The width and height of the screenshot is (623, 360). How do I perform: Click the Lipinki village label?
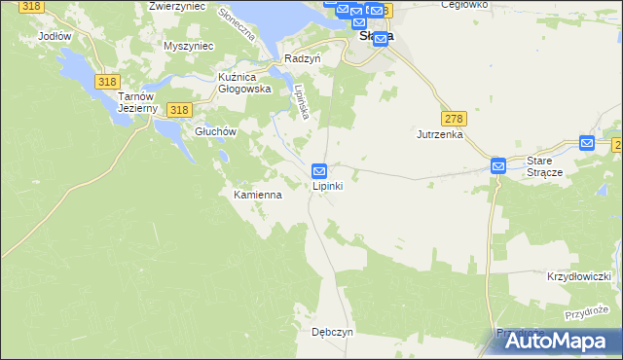coord(326,186)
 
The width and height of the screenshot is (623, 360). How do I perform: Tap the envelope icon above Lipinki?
coord(318,170)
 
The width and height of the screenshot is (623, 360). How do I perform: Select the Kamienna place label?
coord(258,195)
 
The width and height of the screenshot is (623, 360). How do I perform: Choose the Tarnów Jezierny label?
coord(137,102)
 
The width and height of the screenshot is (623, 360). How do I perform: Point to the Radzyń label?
coord(303,58)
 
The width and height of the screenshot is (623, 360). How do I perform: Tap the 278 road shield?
coord(455,119)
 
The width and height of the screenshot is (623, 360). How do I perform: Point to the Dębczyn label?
coord(332,331)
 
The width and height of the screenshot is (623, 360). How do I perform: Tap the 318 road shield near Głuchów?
coord(177,111)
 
